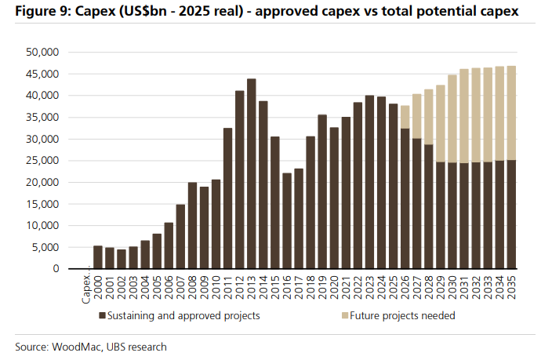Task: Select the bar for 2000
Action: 98,257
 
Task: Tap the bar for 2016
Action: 287,221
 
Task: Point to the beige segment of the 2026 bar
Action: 405,117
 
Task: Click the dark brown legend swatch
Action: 102,316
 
